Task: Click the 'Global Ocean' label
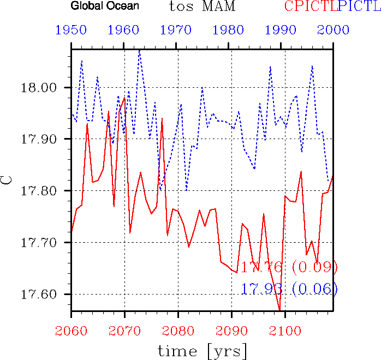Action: (x=104, y=7)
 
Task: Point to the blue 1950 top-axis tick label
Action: (x=71, y=30)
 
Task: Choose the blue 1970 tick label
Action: (x=178, y=30)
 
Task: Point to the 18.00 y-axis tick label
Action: (x=46, y=88)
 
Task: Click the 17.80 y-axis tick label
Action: (x=46, y=191)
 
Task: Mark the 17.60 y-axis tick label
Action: (x=46, y=294)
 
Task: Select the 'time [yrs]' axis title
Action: (x=202, y=349)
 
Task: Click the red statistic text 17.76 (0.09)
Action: (x=289, y=267)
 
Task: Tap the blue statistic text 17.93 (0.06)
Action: (x=289, y=289)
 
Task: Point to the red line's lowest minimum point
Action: (x=279, y=310)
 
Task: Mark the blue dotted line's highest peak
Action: (x=140, y=50)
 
